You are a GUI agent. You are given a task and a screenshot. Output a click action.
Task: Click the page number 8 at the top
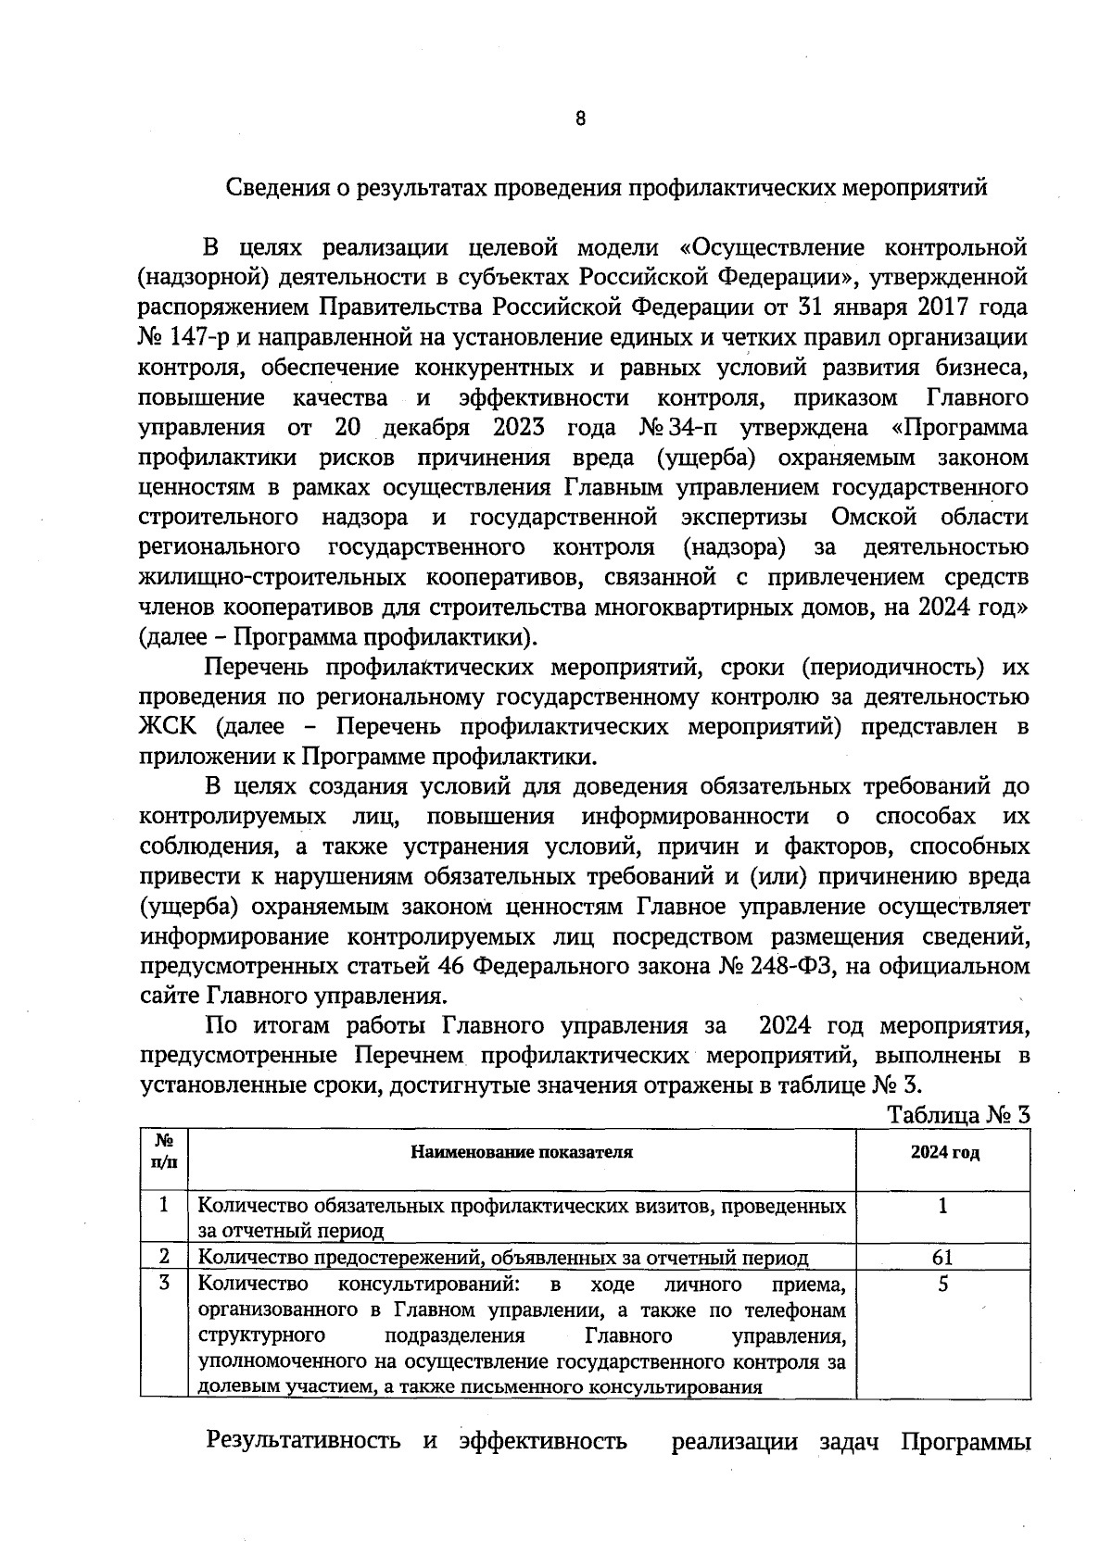point(580,119)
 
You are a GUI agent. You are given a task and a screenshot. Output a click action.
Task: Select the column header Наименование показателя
point(522,1153)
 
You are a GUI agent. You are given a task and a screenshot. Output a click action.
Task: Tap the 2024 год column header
point(943,1153)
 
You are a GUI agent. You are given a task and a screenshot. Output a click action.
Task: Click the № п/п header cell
point(163,1153)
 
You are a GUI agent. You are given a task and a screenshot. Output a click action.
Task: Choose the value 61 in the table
point(942,1258)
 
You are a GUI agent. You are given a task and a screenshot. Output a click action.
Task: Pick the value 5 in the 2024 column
point(942,1285)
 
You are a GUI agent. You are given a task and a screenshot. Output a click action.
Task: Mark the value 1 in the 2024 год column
point(942,1206)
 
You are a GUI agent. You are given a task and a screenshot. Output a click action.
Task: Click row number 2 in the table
point(164,1257)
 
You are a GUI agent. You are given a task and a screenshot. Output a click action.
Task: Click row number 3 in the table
point(164,1285)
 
